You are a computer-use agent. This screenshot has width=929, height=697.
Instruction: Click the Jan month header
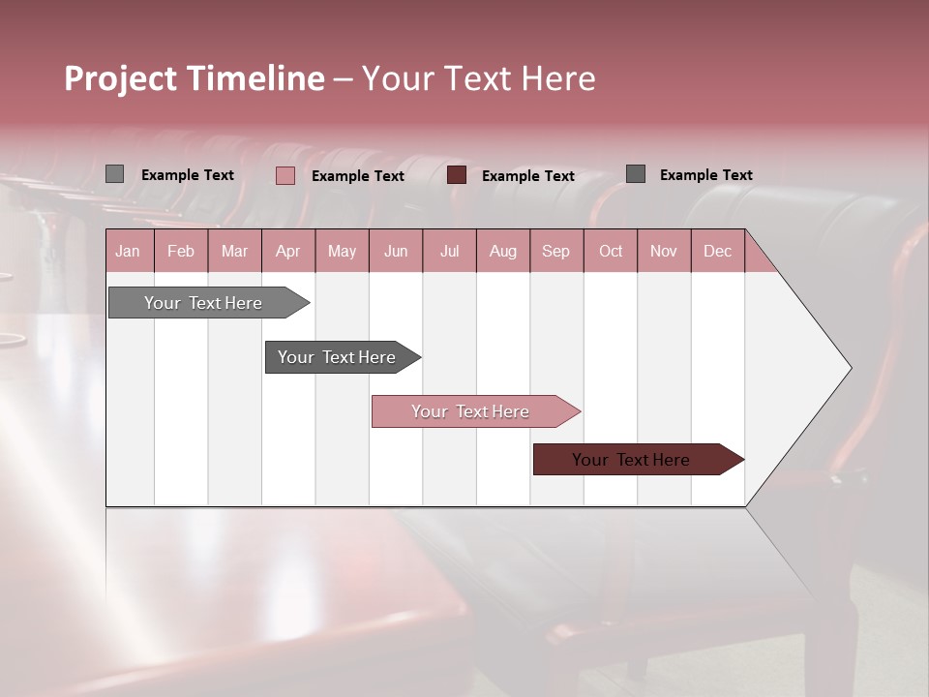click(128, 251)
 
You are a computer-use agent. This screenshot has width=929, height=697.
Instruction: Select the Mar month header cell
click(234, 251)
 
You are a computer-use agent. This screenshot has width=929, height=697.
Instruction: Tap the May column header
click(342, 251)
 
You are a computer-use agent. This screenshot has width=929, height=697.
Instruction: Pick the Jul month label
click(449, 251)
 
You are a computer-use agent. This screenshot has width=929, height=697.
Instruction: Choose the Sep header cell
click(555, 251)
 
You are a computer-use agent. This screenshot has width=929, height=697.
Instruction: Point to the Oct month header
click(611, 251)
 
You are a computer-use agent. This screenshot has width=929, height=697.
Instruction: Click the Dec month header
click(717, 251)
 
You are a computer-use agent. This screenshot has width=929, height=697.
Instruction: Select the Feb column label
click(181, 251)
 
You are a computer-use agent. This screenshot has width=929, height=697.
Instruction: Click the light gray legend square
click(114, 174)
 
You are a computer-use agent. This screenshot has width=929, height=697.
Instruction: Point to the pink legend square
click(285, 175)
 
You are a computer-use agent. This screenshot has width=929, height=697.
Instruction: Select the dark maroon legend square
click(457, 175)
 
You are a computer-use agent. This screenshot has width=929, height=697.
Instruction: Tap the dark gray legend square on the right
click(635, 174)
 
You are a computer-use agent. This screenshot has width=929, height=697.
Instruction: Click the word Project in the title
click(120, 78)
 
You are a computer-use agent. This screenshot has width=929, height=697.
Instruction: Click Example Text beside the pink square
click(357, 176)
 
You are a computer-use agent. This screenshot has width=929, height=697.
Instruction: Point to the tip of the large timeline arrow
click(850, 368)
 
